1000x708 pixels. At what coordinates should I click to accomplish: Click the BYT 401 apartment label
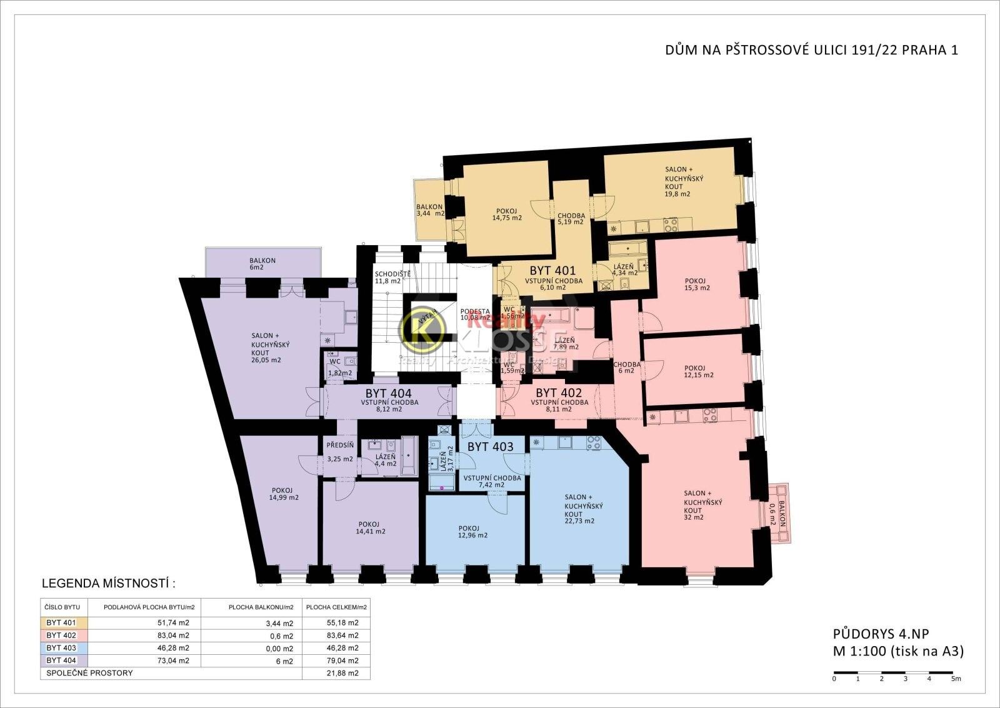pyautogui.click(x=552, y=271)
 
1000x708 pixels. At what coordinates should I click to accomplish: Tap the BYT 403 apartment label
pyautogui.click(x=491, y=447)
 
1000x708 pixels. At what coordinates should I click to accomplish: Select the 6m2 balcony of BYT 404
pyautogui.click(x=262, y=264)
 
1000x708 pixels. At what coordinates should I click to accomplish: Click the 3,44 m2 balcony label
pyautogui.click(x=430, y=210)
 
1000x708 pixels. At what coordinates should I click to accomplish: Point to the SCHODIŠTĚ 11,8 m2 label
pyautogui.click(x=392, y=278)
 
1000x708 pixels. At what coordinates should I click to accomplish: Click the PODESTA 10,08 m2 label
pyautogui.click(x=475, y=314)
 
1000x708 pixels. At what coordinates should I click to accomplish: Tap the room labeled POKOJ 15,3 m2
pyautogui.click(x=697, y=284)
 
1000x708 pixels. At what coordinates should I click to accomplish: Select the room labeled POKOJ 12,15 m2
pyautogui.click(x=699, y=372)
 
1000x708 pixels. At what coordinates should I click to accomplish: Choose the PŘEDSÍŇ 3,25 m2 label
pyautogui.click(x=340, y=452)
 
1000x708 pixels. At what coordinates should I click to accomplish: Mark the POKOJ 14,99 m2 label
pyautogui.click(x=283, y=494)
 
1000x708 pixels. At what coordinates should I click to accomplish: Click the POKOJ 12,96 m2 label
pyautogui.click(x=472, y=531)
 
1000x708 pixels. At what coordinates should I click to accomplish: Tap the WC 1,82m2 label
pyautogui.click(x=339, y=367)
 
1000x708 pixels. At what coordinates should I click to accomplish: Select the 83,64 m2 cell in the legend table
pyautogui.click(x=344, y=635)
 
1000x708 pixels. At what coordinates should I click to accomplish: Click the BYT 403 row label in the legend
pyautogui.click(x=62, y=648)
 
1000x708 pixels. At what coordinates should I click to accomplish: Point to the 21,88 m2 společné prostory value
pyautogui.click(x=344, y=674)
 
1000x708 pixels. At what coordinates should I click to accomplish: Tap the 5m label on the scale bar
pyautogui.click(x=956, y=679)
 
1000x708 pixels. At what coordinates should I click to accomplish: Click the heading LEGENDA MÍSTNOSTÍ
pyautogui.click(x=108, y=584)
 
